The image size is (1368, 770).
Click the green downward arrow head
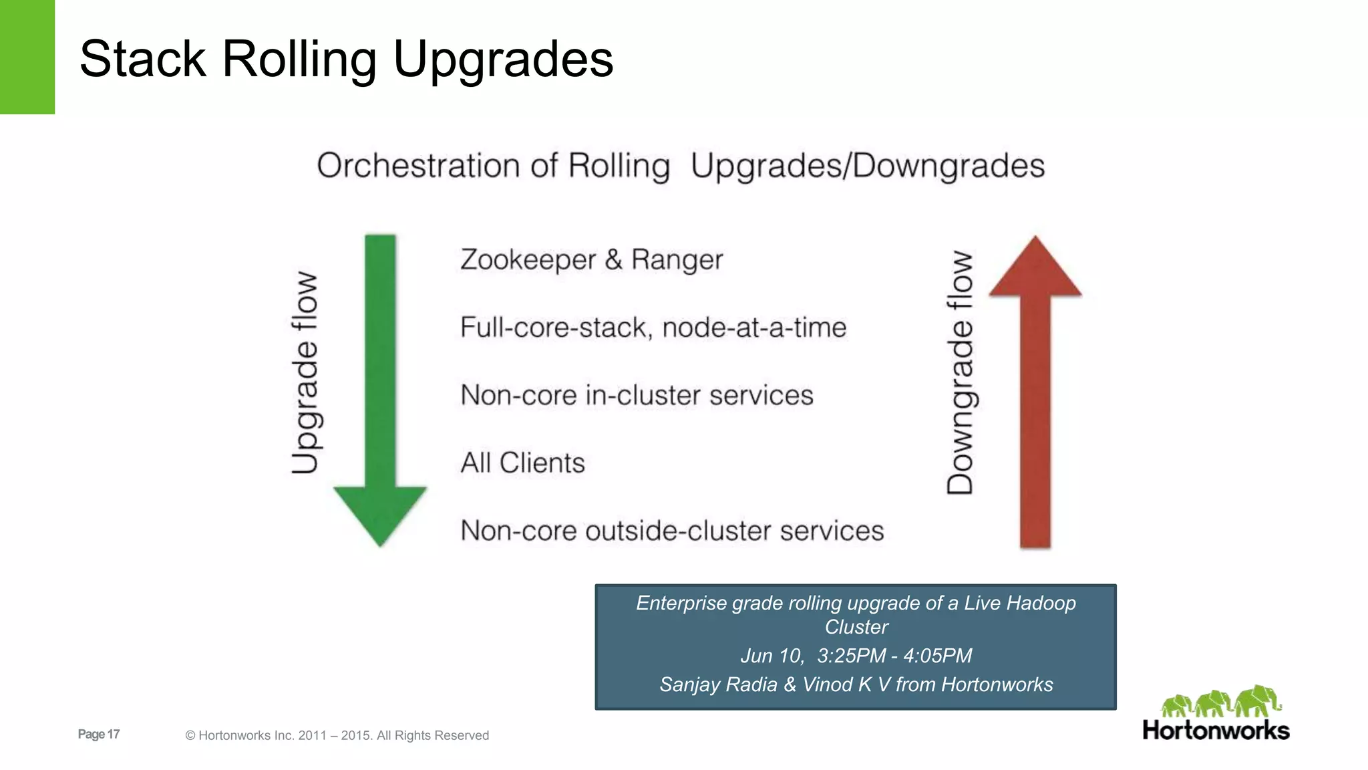380,512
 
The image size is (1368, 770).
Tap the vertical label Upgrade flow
305,372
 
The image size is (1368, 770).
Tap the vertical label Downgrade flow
961,372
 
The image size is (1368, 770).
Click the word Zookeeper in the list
528,260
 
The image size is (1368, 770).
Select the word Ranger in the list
677,260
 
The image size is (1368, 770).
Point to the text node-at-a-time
754,328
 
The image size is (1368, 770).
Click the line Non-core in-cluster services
637,395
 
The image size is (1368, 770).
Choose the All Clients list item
522,463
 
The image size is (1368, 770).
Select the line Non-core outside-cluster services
672,531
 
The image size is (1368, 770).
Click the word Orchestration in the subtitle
418,166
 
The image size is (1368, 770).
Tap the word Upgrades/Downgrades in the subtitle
868,166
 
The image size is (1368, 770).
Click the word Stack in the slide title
142,59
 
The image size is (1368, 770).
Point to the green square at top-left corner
27,57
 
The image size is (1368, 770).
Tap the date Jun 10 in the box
772,656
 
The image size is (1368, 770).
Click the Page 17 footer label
99,734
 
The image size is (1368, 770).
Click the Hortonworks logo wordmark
1216,730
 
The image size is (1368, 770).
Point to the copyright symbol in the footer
190,736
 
